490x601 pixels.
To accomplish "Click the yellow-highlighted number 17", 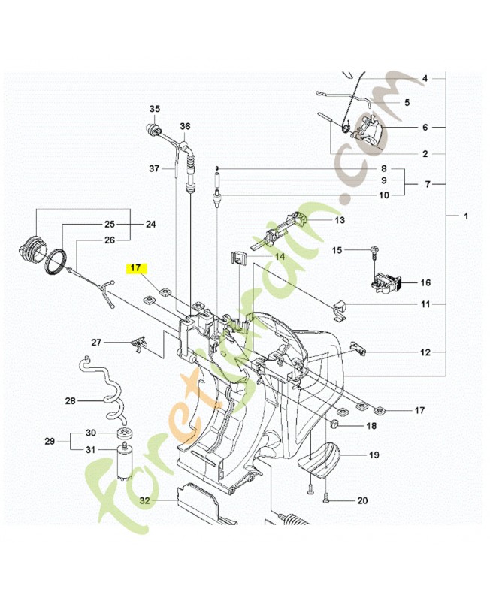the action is point(136,268).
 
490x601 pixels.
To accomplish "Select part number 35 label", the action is point(155,109).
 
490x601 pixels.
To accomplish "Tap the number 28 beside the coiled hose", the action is point(71,401).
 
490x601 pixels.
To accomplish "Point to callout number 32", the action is point(145,500).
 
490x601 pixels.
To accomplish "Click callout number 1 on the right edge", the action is point(466,216).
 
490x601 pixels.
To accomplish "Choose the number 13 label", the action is point(340,220).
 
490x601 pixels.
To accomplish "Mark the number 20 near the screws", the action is point(362,500).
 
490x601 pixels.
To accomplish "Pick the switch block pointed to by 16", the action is point(386,284).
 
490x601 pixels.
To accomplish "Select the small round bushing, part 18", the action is point(334,424).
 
